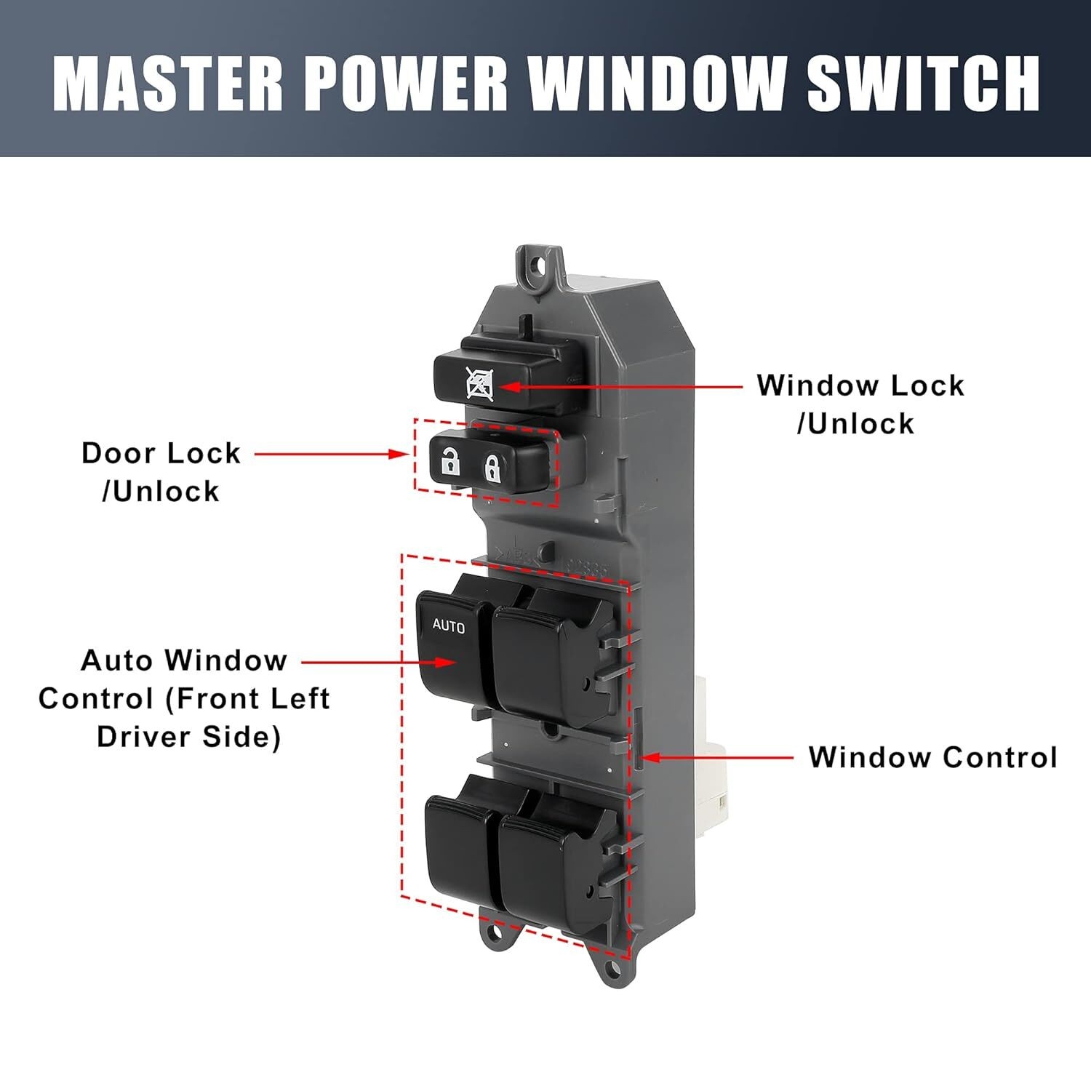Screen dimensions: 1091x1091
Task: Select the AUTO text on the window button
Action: pos(448,626)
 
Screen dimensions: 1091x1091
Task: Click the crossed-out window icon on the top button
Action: pos(479,384)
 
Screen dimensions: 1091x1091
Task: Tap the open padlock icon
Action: pos(451,461)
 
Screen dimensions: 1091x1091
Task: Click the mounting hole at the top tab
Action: pos(539,265)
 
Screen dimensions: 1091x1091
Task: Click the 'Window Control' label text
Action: pos(932,757)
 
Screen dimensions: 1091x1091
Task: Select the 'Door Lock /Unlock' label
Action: pos(161,472)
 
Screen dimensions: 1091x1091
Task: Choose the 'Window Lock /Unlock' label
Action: pos(860,404)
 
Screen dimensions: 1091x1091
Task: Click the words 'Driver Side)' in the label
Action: pos(188,737)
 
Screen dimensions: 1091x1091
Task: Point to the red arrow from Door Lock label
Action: pos(331,454)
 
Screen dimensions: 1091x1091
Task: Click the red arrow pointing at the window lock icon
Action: pos(618,386)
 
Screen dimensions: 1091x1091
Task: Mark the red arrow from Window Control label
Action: pos(716,757)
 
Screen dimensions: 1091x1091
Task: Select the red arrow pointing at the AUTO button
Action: pos(378,663)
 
